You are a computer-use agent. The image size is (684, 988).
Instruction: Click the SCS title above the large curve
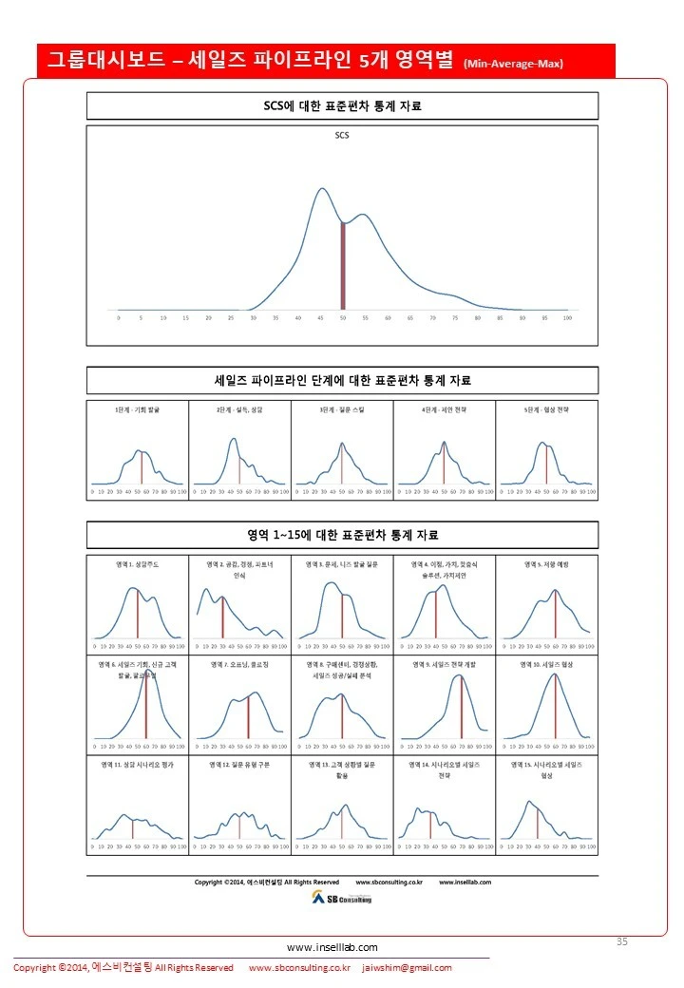(342, 135)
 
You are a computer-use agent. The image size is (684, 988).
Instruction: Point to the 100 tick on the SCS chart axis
(567, 318)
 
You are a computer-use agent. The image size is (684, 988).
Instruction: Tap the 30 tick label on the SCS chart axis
(253, 318)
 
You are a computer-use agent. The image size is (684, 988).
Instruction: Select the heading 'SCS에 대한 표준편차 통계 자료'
(342, 106)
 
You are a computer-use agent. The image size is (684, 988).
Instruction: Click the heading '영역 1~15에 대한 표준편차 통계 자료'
(342, 535)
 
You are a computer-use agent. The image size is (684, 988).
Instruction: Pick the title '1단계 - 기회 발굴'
(138, 408)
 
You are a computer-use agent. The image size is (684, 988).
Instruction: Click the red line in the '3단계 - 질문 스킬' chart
(341, 466)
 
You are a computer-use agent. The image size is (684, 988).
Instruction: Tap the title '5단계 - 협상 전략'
(547, 408)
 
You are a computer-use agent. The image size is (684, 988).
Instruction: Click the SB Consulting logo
(341, 898)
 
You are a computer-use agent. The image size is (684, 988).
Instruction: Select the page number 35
(622, 941)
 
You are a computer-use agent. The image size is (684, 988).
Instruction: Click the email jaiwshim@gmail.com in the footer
(408, 968)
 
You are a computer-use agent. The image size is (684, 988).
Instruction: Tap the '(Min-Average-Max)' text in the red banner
(513, 65)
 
